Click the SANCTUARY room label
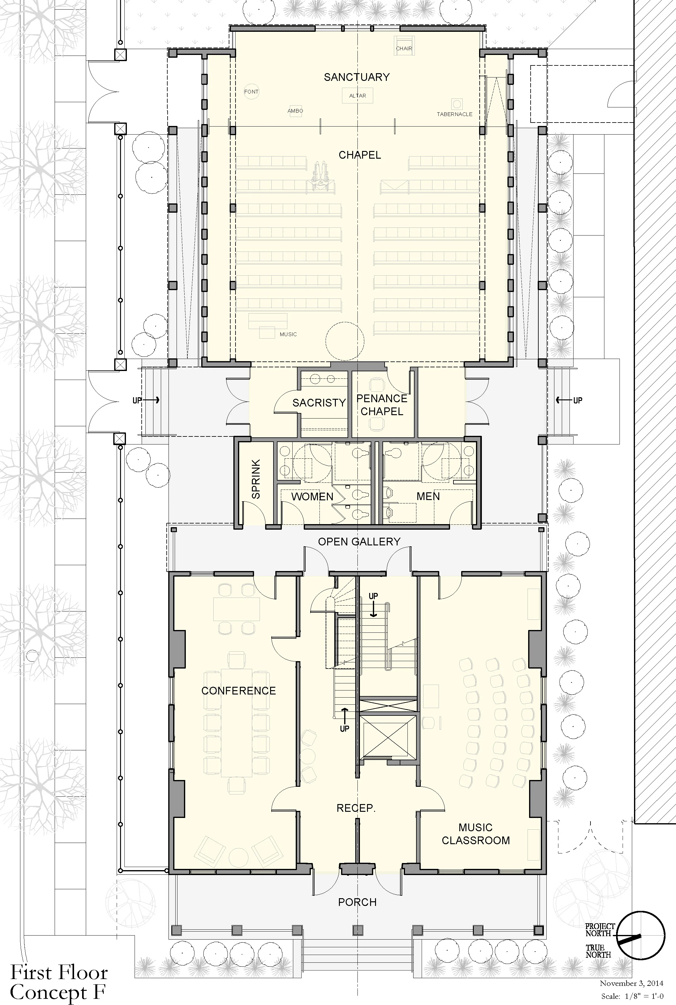pyautogui.click(x=357, y=77)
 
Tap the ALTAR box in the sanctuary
pyautogui.click(x=357, y=96)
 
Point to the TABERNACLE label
pyautogui.click(x=454, y=114)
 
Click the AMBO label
pyautogui.click(x=295, y=111)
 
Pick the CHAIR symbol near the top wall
pyautogui.click(x=404, y=45)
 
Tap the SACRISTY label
pyautogui.click(x=319, y=403)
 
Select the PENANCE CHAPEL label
pyautogui.click(x=382, y=405)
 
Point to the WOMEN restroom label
pyautogui.click(x=312, y=497)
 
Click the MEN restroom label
pyautogui.click(x=428, y=496)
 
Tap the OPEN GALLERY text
pyautogui.click(x=359, y=541)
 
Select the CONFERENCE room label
pyautogui.click(x=238, y=691)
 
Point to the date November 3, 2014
pyautogui.click(x=631, y=983)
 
